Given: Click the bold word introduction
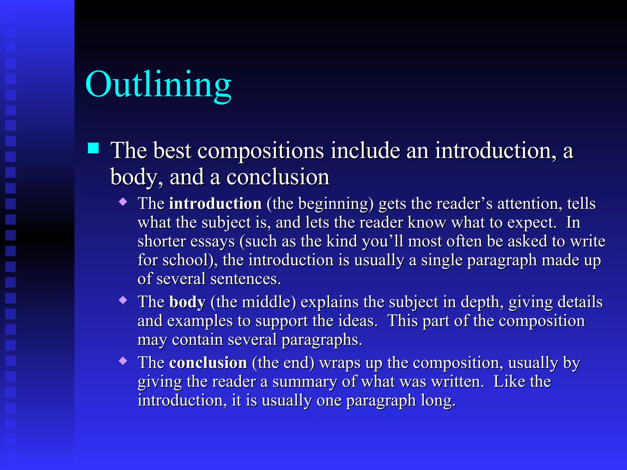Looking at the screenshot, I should point(215,204).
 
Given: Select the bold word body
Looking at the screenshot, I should point(187,302).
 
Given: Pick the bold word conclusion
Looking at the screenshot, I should point(208,363).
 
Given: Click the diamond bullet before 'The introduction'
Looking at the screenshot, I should point(123,202).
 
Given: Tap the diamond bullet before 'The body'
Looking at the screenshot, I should point(123,300).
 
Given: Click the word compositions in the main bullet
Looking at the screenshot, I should point(261,151).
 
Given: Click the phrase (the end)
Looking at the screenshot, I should point(283,363).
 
